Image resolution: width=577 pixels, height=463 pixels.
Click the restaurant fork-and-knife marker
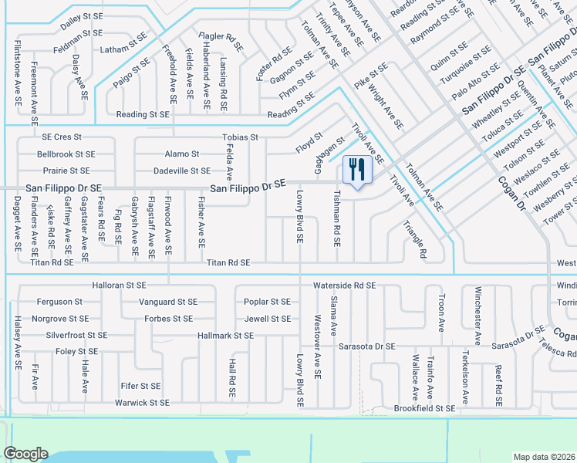[x=356, y=169]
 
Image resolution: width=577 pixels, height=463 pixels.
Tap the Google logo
[x=25, y=453]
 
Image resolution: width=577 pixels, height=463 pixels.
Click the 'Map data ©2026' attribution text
[x=544, y=457]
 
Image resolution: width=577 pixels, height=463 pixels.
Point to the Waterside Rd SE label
[x=344, y=285]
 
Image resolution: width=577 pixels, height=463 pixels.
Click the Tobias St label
[x=239, y=137]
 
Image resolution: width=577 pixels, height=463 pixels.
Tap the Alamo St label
[x=181, y=154]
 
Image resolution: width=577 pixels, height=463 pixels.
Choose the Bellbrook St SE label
[x=66, y=154]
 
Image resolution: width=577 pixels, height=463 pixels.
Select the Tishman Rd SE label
[x=337, y=219]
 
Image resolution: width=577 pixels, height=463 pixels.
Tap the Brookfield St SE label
[x=424, y=408]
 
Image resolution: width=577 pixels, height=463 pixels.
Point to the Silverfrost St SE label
[x=76, y=335]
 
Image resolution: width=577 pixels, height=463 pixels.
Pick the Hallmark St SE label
[x=225, y=335]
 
